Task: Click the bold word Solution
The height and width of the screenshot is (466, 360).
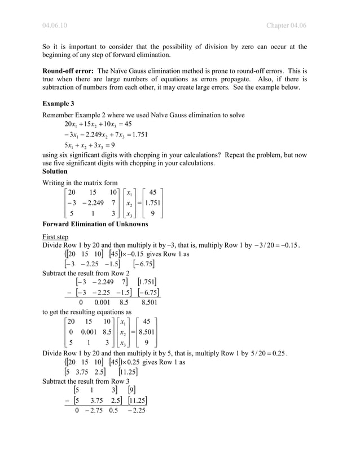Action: coord(55,171)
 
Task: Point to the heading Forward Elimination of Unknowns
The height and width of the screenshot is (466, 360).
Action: coord(95,223)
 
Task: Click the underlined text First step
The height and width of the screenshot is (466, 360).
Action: coord(55,237)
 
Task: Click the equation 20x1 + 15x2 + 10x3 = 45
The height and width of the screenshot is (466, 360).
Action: coord(99,124)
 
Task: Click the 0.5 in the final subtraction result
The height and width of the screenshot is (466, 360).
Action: coord(115,410)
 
